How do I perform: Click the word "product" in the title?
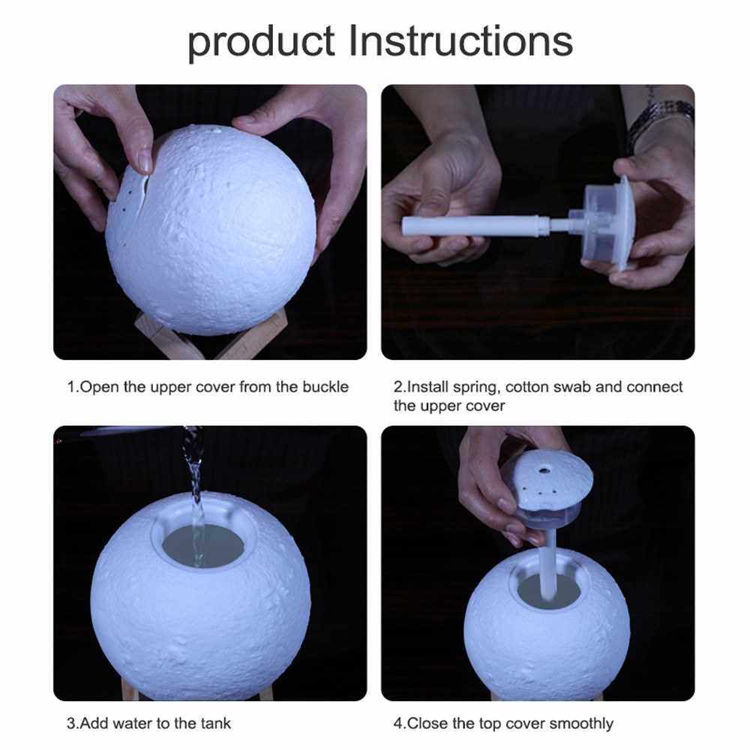click(261, 42)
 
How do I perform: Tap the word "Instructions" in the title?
click(460, 40)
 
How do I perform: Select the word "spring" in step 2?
click(475, 388)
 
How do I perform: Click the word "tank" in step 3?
click(216, 723)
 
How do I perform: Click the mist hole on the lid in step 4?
click(543, 471)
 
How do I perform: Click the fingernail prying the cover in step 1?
click(144, 163)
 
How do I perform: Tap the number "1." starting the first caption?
click(73, 386)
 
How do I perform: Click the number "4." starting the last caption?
click(400, 723)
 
